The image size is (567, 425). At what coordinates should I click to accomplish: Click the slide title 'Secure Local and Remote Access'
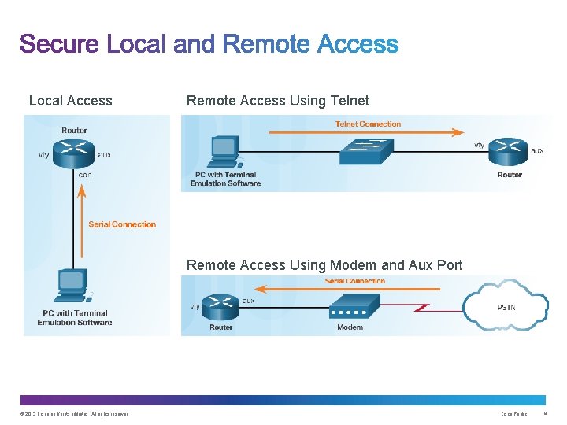point(209,45)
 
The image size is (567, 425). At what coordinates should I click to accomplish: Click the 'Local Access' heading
point(70,101)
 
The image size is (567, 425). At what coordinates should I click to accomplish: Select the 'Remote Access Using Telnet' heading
point(277,101)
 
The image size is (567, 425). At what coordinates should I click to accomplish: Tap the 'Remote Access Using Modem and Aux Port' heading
point(324,265)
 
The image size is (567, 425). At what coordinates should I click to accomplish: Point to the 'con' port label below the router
point(85,175)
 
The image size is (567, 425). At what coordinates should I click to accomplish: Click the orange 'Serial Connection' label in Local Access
point(122,224)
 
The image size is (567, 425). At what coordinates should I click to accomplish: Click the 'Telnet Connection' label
point(368,124)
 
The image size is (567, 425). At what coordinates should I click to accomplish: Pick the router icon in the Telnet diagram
point(509,151)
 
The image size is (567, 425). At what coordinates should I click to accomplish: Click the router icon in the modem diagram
point(221,305)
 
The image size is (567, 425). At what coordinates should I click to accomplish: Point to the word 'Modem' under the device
point(350,327)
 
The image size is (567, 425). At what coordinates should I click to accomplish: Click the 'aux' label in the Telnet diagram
point(537,150)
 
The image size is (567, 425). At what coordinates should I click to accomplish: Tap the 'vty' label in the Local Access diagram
point(44,155)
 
